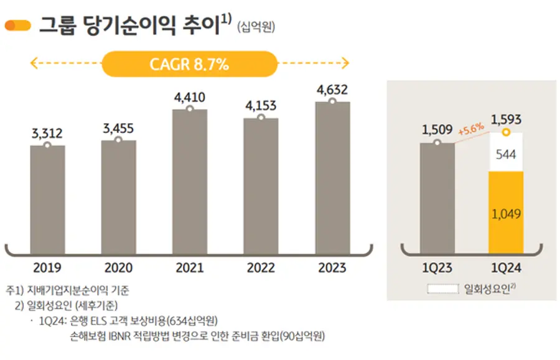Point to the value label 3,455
click(118, 129)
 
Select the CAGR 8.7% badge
click(189, 64)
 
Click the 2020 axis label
click(118, 268)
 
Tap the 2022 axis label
click(261, 268)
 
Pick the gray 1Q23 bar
click(437, 198)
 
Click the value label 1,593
click(506, 119)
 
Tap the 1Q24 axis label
click(506, 268)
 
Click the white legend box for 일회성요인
click(444, 288)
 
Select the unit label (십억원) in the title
click(256, 27)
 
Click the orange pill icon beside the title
click(18, 25)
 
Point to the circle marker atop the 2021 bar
click(189, 109)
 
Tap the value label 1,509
click(437, 130)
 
